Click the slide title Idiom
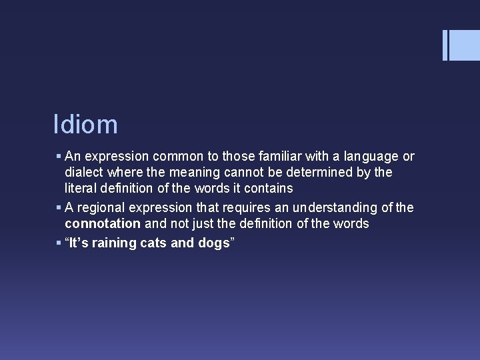[x=85, y=125]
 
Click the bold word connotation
[x=103, y=224]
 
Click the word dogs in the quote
[x=213, y=243]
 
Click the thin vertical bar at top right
[x=445, y=45]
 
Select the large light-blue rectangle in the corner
[x=465, y=45]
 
